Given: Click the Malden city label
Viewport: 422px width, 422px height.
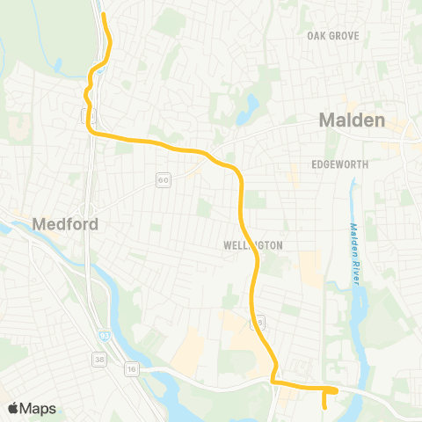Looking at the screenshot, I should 352,120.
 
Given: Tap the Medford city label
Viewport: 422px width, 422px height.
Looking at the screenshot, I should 65,224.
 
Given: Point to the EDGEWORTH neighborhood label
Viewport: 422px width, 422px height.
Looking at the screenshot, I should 338,164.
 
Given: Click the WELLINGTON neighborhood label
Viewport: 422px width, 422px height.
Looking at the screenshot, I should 253,246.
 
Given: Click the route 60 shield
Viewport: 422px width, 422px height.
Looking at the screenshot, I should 163,180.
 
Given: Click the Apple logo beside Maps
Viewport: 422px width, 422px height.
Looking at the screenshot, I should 13,408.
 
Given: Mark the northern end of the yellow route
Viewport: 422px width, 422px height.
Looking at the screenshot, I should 104,15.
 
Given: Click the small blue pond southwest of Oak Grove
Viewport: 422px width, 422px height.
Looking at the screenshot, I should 252,106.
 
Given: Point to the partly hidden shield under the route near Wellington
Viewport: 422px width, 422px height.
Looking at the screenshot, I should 258,323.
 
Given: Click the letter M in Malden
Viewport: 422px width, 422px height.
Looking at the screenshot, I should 328,120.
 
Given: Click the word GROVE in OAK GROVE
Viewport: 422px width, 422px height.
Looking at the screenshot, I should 348,36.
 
